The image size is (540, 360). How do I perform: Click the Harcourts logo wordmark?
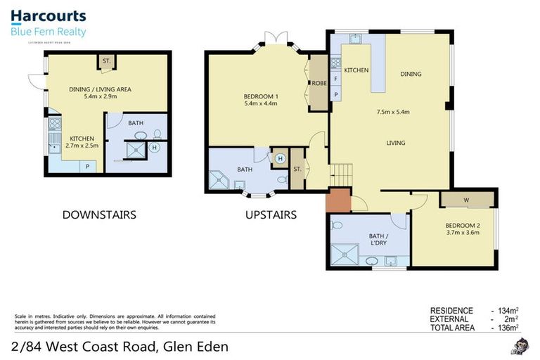[x=48, y=15]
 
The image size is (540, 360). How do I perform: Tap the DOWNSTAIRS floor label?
[x=98, y=214]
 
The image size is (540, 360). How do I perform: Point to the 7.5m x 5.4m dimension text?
[x=393, y=112]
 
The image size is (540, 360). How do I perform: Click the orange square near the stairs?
[x=337, y=200]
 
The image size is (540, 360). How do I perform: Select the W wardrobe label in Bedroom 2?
[x=466, y=199]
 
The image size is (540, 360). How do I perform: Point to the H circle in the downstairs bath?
[x=154, y=148]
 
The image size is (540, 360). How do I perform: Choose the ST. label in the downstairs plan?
[x=107, y=61]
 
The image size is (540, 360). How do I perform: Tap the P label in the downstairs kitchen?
[x=88, y=166]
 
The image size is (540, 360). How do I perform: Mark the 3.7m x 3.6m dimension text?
[x=462, y=233]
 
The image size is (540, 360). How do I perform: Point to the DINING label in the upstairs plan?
[x=411, y=73]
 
